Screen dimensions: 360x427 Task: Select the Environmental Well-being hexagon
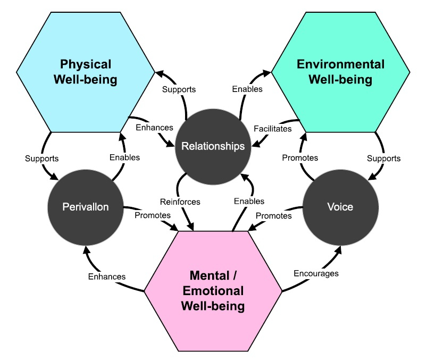341,72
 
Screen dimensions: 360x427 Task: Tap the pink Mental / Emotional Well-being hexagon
213,291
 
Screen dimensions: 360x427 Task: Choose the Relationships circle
213,146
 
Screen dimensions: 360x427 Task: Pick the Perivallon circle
86,207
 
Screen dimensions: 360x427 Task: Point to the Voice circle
340,207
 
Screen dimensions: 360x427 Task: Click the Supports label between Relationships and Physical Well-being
179,89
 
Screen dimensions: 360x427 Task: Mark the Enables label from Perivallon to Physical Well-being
124,157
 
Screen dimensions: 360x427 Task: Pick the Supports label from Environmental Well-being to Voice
383,158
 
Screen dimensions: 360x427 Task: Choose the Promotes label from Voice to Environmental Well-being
300,157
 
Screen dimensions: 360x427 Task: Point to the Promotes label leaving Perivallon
153,215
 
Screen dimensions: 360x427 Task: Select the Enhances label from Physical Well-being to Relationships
154,128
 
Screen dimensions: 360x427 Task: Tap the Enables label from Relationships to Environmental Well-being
247,89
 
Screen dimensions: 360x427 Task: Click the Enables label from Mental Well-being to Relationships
249,201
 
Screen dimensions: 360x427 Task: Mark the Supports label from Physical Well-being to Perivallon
41,158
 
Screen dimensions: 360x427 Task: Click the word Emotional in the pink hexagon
213,291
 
